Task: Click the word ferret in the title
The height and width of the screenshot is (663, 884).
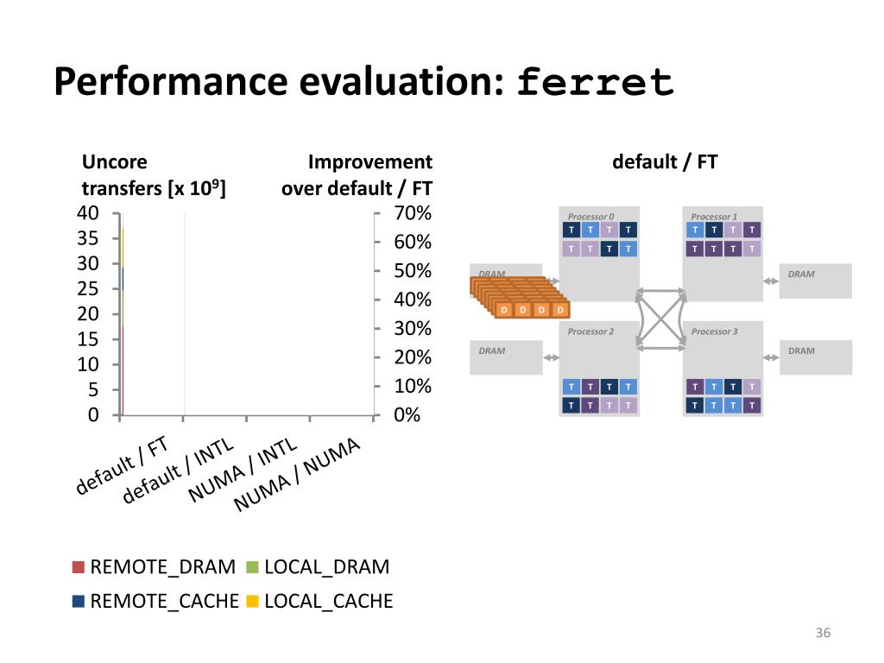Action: click(x=595, y=82)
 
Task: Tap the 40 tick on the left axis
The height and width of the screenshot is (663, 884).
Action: click(x=89, y=213)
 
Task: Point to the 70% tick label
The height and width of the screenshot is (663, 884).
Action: click(x=413, y=213)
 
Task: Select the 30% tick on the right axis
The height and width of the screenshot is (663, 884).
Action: click(x=413, y=329)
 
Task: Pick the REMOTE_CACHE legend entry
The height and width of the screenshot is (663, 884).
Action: click(x=155, y=601)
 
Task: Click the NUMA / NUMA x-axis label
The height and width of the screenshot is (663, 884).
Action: click(x=298, y=474)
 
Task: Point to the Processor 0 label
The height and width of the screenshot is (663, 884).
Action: click(x=590, y=216)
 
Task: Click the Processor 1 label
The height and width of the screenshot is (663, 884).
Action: click(x=714, y=216)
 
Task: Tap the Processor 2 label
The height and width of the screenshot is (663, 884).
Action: click(x=590, y=331)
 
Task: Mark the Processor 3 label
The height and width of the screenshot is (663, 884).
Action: click(x=714, y=331)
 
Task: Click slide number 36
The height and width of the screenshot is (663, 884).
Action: click(x=823, y=634)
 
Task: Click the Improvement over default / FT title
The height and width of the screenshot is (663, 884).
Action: click(x=357, y=175)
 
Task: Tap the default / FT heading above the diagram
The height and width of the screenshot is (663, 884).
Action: click(x=665, y=162)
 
